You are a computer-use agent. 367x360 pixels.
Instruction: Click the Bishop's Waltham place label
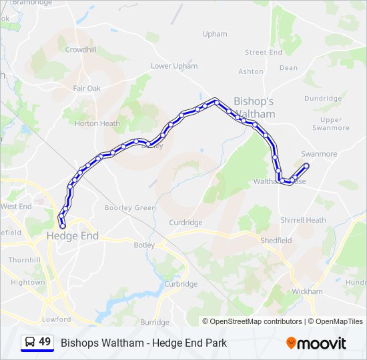(254, 107)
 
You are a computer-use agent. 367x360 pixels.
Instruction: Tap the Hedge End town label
(72, 236)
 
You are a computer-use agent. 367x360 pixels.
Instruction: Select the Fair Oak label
(87, 88)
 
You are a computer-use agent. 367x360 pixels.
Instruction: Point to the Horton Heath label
(97, 123)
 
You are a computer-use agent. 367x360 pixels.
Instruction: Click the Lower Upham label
(174, 66)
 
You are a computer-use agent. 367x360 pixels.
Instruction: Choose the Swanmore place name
(319, 154)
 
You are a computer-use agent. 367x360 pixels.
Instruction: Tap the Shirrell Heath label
(303, 220)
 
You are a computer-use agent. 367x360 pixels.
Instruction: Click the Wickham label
(307, 291)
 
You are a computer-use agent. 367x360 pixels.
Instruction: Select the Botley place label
(144, 245)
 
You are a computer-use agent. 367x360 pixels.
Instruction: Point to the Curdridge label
(186, 223)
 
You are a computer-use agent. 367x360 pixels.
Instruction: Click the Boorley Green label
(130, 208)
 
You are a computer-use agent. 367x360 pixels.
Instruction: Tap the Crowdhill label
(81, 49)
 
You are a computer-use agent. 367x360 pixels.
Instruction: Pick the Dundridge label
(323, 98)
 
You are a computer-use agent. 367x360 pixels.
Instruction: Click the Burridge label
(155, 322)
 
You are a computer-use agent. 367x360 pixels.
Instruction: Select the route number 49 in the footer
(45, 342)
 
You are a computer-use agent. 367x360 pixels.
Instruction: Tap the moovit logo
(316, 343)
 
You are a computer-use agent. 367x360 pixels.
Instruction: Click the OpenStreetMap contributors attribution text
(252, 321)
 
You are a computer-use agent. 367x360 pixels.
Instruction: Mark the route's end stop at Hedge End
(63, 226)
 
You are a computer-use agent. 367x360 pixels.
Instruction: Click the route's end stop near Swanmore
(306, 165)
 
